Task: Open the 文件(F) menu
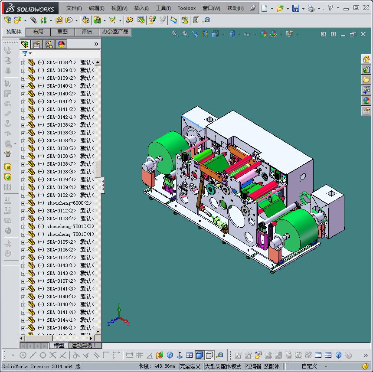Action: click(x=74, y=8)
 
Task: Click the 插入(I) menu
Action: click(x=141, y=8)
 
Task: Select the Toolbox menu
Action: click(x=186, y=8)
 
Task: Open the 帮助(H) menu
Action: click(x=235, y=8)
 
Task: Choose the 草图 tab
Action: click(x=62, y=32)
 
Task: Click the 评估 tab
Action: click(x=87, y=32)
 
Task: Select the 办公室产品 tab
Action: click(x=115, y=32)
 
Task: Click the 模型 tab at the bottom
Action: click(x=59, y=346)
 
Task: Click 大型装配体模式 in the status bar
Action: click(x=223, y=366)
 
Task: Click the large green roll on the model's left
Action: click(x=167, y=150)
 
